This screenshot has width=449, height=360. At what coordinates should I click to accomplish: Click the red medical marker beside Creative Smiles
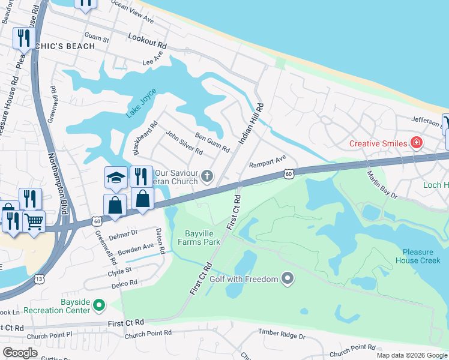(x=415, y=143)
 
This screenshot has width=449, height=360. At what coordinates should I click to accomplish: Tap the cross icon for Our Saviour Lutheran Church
(x=206, y=176)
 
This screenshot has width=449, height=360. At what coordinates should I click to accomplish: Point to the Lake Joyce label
(x=141, y=103)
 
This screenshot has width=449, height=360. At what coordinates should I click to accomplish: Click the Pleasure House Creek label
(x=418, y=256)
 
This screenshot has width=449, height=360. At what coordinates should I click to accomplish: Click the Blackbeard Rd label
(x=145, y=131)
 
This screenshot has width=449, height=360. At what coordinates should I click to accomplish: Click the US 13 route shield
(x=40, y=279)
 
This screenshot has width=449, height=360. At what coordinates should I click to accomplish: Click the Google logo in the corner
(x=20, y=352)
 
